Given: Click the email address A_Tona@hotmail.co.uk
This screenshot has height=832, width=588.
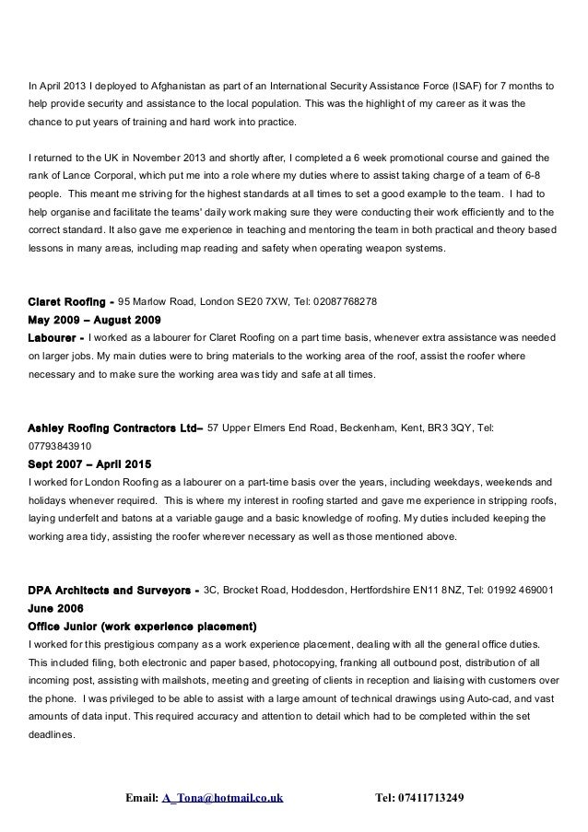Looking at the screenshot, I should point(222,796).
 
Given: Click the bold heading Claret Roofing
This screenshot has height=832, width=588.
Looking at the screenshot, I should point(68,301).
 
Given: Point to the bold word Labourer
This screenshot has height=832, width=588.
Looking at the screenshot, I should point(55,338).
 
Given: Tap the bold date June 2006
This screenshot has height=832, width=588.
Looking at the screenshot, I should point(56,607).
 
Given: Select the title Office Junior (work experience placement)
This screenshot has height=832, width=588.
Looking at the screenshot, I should point(143,626).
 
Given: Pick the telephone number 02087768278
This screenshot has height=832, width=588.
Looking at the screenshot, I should point(342,301).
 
